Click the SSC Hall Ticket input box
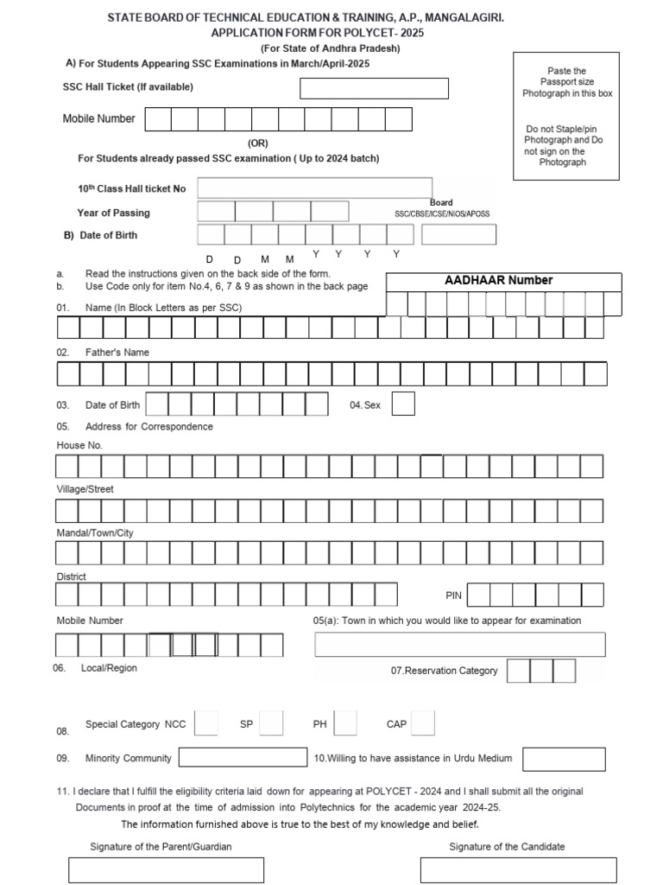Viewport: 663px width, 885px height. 374,88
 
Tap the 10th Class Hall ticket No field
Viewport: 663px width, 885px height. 315,188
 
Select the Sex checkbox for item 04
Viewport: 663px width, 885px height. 403,404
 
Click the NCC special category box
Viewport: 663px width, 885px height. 206,723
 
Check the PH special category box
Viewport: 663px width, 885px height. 345,723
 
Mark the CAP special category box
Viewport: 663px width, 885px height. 423,723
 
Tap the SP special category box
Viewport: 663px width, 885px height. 271,723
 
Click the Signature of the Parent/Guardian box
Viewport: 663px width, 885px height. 167,869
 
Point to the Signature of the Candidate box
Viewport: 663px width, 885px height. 518,869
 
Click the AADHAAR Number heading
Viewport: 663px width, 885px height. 499,280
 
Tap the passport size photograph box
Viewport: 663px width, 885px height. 566,117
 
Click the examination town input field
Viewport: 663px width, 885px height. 458,645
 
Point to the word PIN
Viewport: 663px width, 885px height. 454,595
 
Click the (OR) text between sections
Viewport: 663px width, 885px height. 258,143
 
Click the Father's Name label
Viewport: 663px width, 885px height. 117,353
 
